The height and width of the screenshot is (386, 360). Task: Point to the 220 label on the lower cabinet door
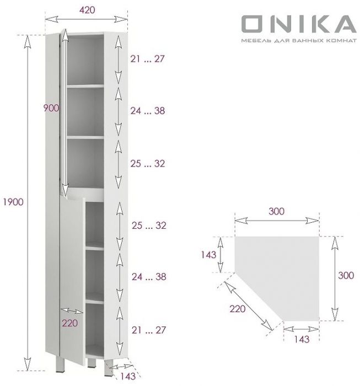pyautogui.click(x=69, y=324)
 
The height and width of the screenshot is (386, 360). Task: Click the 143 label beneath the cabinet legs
pyautogui.click(x=128, y=377)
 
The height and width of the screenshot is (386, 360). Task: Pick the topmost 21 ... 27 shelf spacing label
pyautogui.click(x=147, y=59)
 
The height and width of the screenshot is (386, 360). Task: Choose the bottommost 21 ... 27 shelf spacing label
pyautogui.click(x=147, y=330)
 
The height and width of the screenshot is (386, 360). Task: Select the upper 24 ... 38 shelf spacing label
pyautogui.click(x=147, y=110)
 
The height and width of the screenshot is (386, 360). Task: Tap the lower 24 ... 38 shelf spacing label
pyautogui.click(x=147, y=277)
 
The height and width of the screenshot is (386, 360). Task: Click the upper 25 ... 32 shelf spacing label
pyautogui.click(x=147, y=164)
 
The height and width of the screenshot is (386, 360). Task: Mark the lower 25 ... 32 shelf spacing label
pyautogui.click(x=147, y=226)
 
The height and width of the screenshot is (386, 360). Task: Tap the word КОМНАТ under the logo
pyautogui.click(x=341, y=42)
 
